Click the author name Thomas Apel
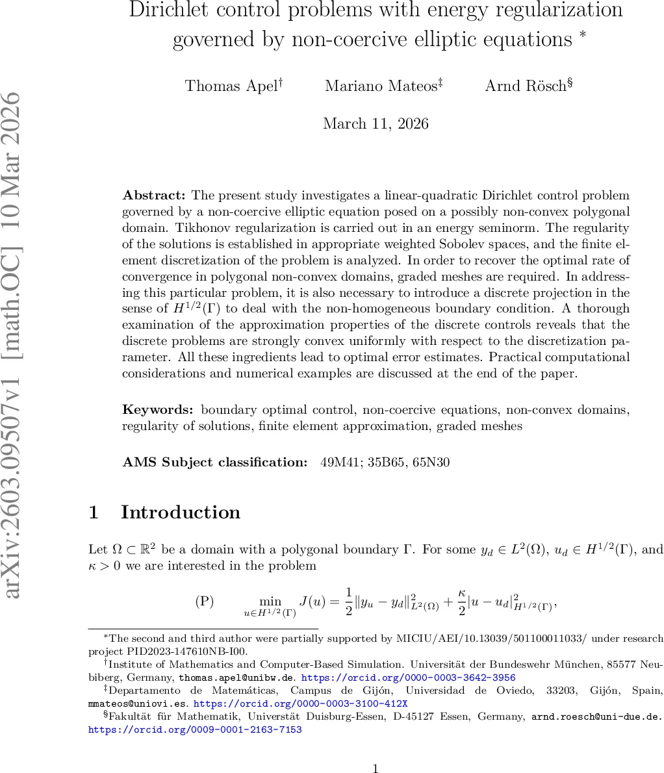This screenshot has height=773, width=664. (x=232, y=86)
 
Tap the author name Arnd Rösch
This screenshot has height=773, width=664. (x=526, y=86)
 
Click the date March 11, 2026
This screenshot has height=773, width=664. (x=376, y=123)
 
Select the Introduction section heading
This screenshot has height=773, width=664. (x=180, y=513)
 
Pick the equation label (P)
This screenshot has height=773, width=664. (x=204, y=601)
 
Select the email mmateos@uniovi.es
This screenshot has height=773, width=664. (x=137, y=703)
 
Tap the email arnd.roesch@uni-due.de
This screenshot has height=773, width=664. (x=596, y=717)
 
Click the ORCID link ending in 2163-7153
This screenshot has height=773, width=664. (x=195, y=729)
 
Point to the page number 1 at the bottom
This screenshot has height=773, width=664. (x=375, y=769)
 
